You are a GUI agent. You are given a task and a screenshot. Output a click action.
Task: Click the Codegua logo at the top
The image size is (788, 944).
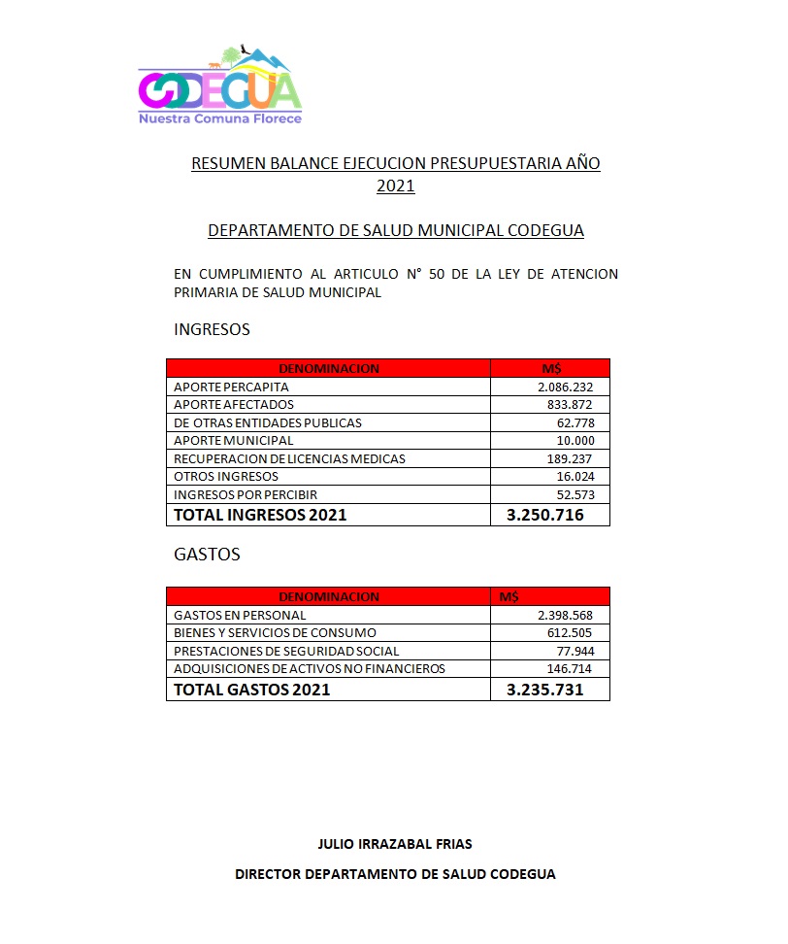click(x=220, y=85)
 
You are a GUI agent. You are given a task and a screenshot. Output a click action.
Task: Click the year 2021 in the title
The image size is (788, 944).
click(x=396, y=186)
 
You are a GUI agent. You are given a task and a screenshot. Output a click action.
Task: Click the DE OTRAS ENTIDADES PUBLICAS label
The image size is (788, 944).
click(x=267, y=422)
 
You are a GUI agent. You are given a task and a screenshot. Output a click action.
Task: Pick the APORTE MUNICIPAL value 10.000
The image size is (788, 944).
click(x=585, y=440)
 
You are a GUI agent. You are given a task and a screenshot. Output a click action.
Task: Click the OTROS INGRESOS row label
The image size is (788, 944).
click(x=226, y=476)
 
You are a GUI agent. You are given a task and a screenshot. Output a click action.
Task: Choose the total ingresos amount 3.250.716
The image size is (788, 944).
click(x=544, y=515)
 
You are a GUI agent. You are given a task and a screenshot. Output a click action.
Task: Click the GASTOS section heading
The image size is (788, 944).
click(x=207, y=555)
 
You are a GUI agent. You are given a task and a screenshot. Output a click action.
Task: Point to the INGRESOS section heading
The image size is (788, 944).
click(x=212, y=329)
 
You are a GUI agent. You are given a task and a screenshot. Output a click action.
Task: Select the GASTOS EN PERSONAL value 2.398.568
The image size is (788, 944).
click(x=571, y=615)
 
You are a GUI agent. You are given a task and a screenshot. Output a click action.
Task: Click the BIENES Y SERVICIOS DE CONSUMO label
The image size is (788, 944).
click(x=275, y=633)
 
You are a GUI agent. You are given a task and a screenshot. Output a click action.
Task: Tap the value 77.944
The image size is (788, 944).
click(x=587, y=651)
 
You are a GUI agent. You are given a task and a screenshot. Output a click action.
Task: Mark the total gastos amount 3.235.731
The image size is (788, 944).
click(x=544, y=690)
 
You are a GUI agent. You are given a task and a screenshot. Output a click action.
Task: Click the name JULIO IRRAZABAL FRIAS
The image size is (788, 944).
click(x=395, y=844)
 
